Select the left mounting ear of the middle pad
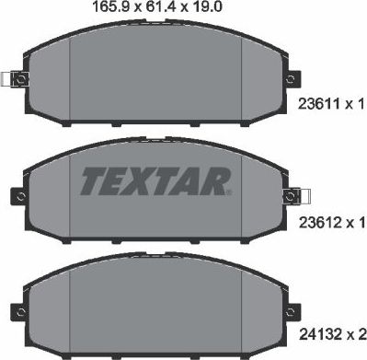(x=19, y=194)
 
